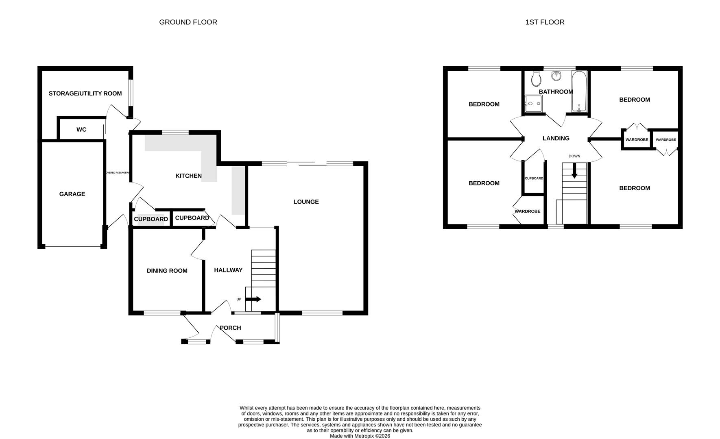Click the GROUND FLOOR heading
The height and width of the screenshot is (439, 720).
pos(188,22)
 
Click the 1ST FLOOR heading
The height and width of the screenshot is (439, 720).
pos(545,22)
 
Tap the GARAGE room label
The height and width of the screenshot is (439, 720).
pos(72,194)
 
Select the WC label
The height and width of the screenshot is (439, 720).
pos(81,130)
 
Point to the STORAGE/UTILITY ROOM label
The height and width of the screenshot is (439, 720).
pos(85,93)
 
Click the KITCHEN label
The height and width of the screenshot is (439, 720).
pos(188,176)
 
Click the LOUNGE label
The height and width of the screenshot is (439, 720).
pos(306,202)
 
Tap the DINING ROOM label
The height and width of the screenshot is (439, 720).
pos(167,271)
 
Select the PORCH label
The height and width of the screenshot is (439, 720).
pos(230,328)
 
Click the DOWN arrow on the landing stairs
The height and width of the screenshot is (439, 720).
pos(574,171)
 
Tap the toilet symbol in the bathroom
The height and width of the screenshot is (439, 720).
pos(536,78)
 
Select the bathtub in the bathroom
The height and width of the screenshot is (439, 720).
pos(579,91)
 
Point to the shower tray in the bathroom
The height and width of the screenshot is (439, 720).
pos(533,103)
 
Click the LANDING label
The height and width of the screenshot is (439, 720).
pos(556,139)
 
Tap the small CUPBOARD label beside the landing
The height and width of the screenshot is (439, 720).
pos(534,178)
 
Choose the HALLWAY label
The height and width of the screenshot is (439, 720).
pos(228,270)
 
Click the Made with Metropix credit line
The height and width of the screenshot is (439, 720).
pos(360,436)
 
